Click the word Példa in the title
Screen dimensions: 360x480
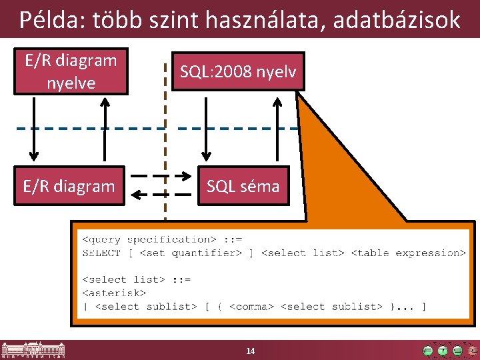pos(47,19)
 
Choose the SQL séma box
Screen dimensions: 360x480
pos(243,186)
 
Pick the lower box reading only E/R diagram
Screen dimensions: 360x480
pos(69,186)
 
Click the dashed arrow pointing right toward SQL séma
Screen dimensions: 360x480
pos(160,177)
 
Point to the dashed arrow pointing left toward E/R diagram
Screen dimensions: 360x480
pos(160,195)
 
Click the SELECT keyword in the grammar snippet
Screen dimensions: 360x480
pos(101,253)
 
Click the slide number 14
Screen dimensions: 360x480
pos(250,351)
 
